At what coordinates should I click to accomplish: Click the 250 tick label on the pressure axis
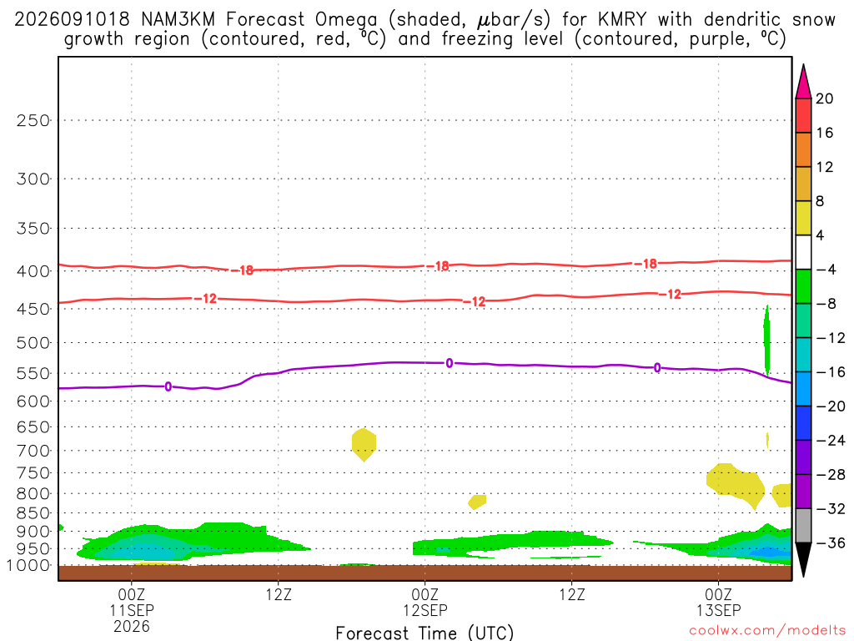coord(33,120)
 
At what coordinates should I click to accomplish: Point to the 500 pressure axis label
coord(33,343)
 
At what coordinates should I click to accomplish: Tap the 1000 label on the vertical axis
coord(28,566)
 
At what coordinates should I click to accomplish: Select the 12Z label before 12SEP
coord(279,594)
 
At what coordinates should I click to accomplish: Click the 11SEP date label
coord(131,610)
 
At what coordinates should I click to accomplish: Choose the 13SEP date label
coord(718,610)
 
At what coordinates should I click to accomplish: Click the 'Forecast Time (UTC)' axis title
coord(424,633)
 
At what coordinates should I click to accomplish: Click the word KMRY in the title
coord(622,20)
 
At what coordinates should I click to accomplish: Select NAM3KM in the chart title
coord(178,20)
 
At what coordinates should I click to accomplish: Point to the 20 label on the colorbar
coord(824,98)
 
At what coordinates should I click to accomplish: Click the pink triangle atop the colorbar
coord(803,82)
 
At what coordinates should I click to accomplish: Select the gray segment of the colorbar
coord(803,526)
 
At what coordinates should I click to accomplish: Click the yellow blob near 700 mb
coord(364,444)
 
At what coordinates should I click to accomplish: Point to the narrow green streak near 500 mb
coord(767,341)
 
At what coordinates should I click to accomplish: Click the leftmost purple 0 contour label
coord(168,386)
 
